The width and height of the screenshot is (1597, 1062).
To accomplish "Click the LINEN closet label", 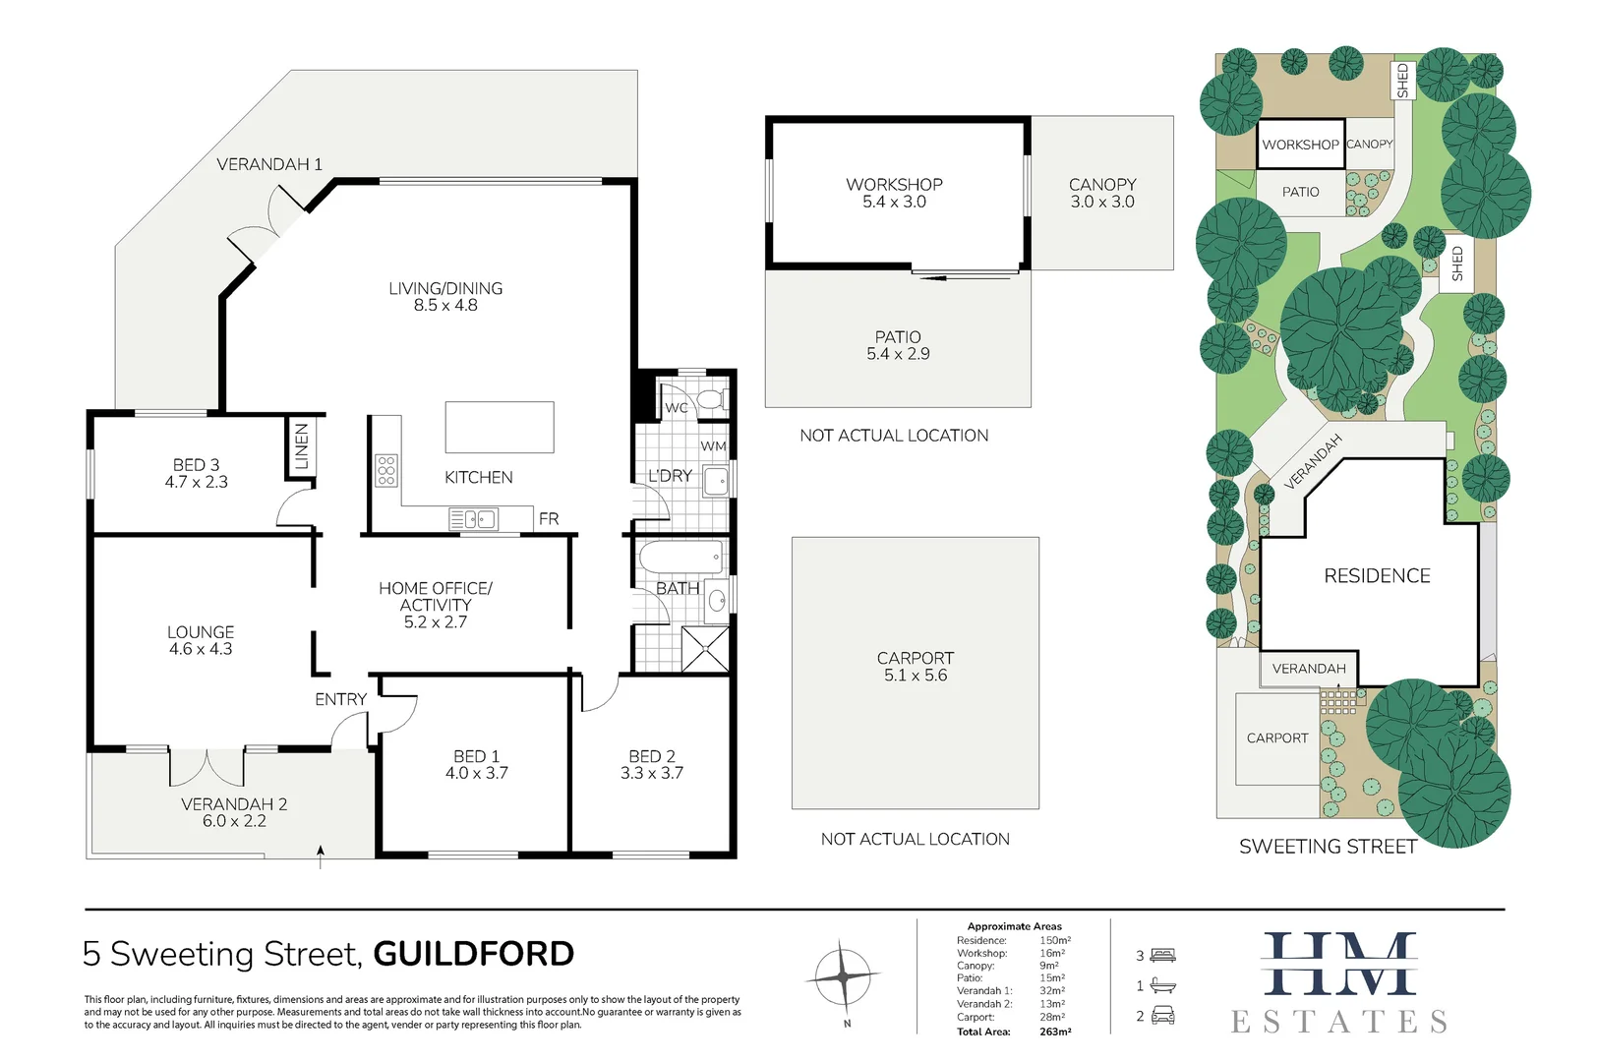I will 302,446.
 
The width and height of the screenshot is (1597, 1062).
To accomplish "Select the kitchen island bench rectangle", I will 499,427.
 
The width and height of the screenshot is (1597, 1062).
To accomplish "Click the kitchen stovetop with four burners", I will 386,471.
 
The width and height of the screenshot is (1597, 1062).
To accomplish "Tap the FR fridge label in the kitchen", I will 549,518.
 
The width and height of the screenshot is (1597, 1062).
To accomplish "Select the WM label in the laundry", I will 713,446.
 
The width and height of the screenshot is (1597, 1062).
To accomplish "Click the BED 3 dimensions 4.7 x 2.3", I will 197,482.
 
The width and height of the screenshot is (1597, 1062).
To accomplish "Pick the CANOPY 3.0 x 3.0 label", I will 1102,194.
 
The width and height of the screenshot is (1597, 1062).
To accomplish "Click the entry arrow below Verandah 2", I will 321,854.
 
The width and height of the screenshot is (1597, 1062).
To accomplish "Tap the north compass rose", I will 843,977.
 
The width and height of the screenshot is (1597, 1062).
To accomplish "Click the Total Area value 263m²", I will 1055,1032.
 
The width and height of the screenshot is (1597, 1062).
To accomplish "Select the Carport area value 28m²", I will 1052,1017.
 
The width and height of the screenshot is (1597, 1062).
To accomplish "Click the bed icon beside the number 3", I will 1163,955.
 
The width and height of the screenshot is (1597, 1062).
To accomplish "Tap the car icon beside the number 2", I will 1163,1016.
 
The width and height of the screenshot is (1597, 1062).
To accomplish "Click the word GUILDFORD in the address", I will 474,954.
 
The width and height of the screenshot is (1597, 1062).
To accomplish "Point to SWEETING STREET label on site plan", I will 1328,847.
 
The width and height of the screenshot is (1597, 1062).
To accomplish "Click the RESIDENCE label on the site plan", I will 1377,576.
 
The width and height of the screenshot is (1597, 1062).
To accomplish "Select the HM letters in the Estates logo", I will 1339,964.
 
